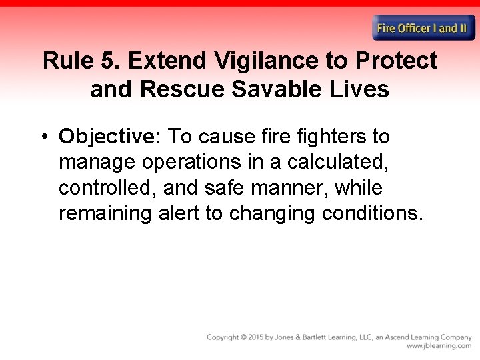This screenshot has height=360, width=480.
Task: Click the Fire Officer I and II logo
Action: click(x=423, y=28)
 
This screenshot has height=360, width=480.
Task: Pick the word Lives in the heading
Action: click(x=360, y=89)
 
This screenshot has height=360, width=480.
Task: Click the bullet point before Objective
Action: click(x=43, y=137)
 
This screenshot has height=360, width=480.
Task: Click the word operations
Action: click(x=197, y=163)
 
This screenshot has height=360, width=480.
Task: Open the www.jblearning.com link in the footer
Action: click(x=439, y=346)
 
